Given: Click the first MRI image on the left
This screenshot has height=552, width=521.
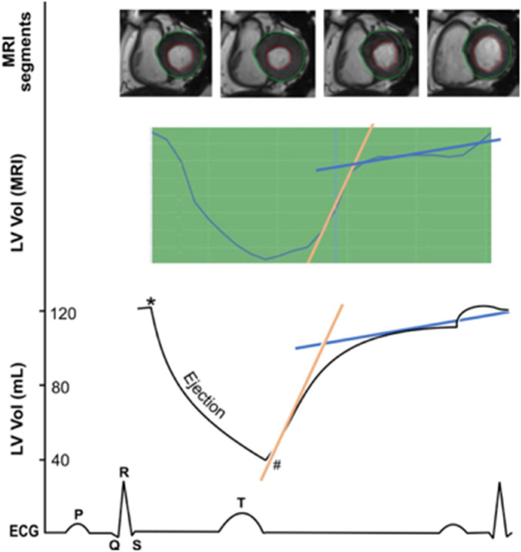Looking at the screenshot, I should coord(165,54).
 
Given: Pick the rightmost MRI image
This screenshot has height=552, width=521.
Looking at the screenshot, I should coord(470,54).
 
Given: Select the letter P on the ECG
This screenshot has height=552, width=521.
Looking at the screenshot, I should coord(77,511).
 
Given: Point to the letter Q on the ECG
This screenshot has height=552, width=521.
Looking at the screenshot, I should coord(114,542).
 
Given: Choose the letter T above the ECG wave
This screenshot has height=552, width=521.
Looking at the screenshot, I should coord(241,502).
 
